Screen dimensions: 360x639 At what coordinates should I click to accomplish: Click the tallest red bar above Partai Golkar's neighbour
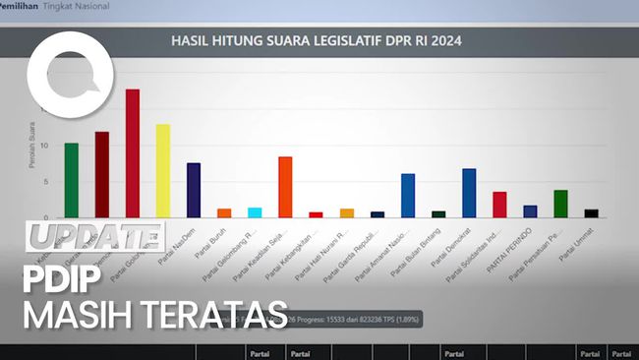click(x=132, y=152)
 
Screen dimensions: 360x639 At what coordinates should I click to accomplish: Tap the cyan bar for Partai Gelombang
click(x=255, y=212)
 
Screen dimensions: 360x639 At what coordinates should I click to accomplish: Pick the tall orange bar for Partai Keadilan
click(x=285, y=187)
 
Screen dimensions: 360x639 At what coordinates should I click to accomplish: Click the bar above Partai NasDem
click(x=194, y=190)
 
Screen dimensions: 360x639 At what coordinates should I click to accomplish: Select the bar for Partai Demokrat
click(x=469, y=193)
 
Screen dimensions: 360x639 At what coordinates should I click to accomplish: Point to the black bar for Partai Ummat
click(x=591, y=213)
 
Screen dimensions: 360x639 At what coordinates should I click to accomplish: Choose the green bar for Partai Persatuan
click(x=560, y=204)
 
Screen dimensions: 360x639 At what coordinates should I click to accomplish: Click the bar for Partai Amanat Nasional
click(x=408, y=195)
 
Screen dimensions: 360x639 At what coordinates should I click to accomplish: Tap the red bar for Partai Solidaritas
click(x=499, y=205)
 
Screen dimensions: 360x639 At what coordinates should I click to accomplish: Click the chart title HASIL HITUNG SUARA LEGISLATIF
click(x=317, y=41)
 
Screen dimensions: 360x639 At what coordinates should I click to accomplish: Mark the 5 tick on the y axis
click(x=44, y=182)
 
